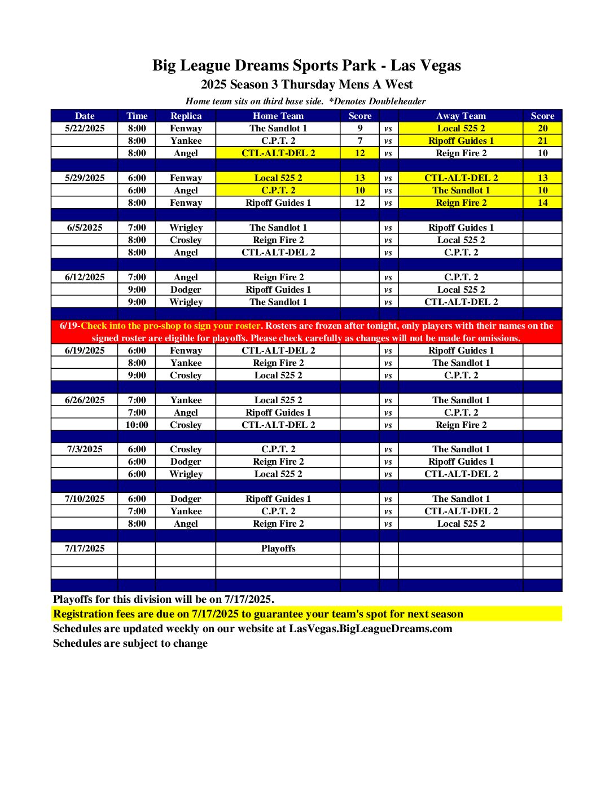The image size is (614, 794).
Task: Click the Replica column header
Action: pyautogui.click(x=186, y=116)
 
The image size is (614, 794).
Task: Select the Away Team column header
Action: pyautogui.click(x=460, y=116)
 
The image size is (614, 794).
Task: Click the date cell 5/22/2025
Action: pyautogui.click(x=85, y=128)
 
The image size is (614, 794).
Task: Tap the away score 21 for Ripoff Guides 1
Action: pyautogui.click(x=542, y=140)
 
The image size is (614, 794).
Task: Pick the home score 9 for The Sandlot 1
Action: pyautogui.click(x=360, y=128)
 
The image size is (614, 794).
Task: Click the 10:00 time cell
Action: pyautogui.click(x=137, y=425)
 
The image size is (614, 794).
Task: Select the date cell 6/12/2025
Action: pyautogui.click(x=85, y=277)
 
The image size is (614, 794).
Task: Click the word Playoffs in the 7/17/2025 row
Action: pyautogui.click(x=278, y=548)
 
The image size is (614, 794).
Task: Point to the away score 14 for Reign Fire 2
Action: pyautogui.click(x=542, y=202)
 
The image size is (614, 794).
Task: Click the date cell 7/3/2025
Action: pyautogui.click(x=85, y=449)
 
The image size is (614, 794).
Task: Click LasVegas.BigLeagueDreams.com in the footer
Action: pyautogui.click(x=371, y=628)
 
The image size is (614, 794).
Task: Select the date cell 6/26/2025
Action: pyautogui.click(x=85, y=400)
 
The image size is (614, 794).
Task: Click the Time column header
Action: pyautogui.click(x=137, y=116)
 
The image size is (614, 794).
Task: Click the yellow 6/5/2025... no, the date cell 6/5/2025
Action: pyautogui.click(x=85, y=227)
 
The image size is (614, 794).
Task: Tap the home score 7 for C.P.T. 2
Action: pyautogui.click(x=360, y=140)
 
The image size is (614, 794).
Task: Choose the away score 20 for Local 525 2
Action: pyautogui.click(x=542, y=128)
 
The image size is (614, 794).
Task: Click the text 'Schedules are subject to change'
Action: pyautogui.click(x=130, y=643)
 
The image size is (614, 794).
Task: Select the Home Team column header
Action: pyautogui.click(x=278, y=116)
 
